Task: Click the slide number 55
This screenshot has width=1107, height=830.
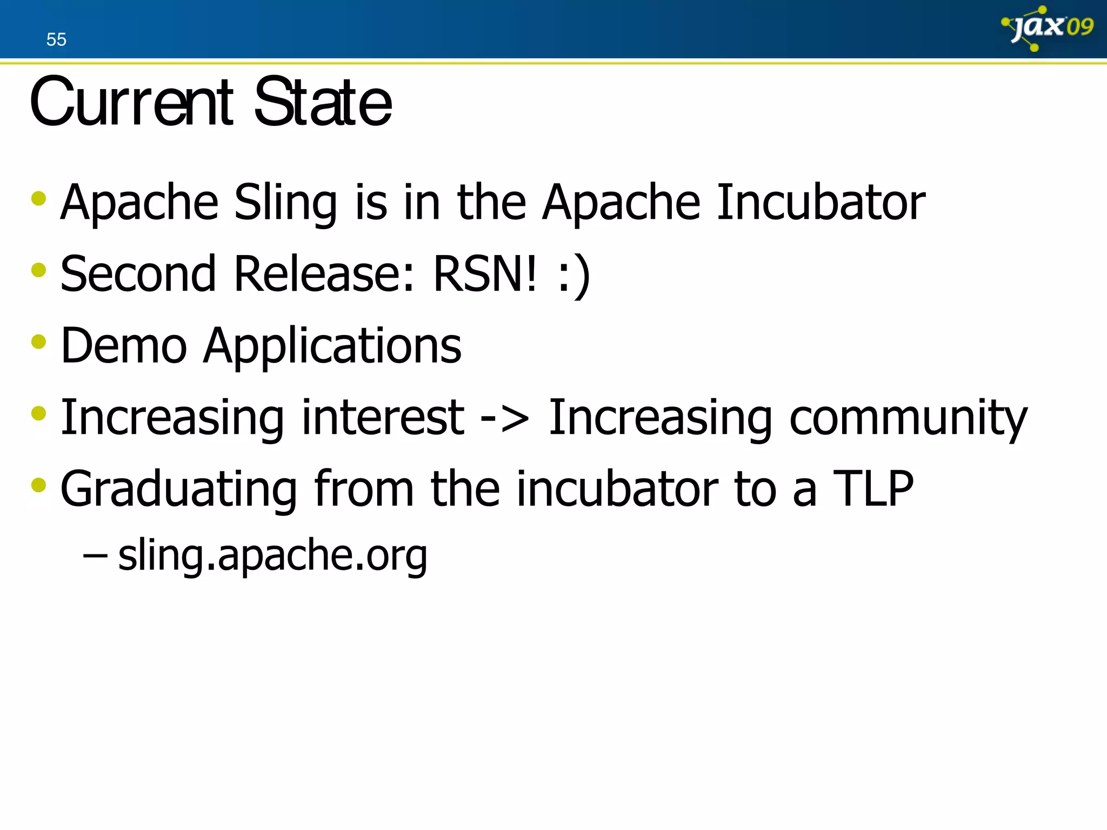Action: click(x=56, y=39)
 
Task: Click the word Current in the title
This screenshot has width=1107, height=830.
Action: click(x=131, y=102)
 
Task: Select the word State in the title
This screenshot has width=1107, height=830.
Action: click(x=323, y=102)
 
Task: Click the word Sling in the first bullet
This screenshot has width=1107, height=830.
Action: click(x=285, y=203)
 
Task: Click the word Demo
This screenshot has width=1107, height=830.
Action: click(x=124, y=345)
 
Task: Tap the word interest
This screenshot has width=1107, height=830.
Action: click(x=383, y=417)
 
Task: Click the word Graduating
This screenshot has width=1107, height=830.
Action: click(x=178, y=490)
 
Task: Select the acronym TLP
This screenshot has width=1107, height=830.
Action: click(x=872, y=488)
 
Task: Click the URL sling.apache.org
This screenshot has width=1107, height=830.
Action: click(x=272, y=555)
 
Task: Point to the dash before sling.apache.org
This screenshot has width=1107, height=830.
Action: click(x=95, y=554)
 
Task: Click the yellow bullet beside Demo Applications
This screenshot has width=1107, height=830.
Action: click(x=39, y=342)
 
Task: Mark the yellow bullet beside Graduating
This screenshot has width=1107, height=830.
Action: click(x=39, y=485)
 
